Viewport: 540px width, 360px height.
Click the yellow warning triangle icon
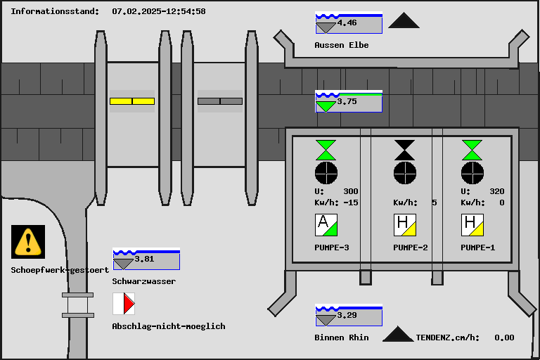(28, 242)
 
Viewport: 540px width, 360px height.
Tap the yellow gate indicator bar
(132, 101)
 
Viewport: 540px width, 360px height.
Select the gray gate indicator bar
(219, 101)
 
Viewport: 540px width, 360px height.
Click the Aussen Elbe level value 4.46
(347, 23)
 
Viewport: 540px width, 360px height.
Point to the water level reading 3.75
(347, 101)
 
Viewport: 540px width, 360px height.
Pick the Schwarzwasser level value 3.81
(144, 259)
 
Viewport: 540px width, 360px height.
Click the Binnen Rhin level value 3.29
(347, 315)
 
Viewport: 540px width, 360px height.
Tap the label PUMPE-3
(332, 247)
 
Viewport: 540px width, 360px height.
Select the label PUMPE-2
(411, 247)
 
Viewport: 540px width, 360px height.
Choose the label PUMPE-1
(478, 247)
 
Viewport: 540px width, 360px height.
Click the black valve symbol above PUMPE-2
(405, 150)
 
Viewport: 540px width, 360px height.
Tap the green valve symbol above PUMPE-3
(326, 150)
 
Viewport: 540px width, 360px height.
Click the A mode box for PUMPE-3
(326, 225)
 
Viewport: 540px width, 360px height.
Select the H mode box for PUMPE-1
(472, 225)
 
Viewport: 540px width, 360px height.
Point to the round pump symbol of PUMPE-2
(405, 172)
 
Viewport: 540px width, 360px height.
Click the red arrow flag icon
(124, 304)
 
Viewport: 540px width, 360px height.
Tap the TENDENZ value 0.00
(504, 337)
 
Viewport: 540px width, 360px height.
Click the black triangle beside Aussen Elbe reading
(404, 21)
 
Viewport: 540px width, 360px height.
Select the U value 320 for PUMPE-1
(496, 191)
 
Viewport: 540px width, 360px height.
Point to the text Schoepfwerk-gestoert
(60, 270)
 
